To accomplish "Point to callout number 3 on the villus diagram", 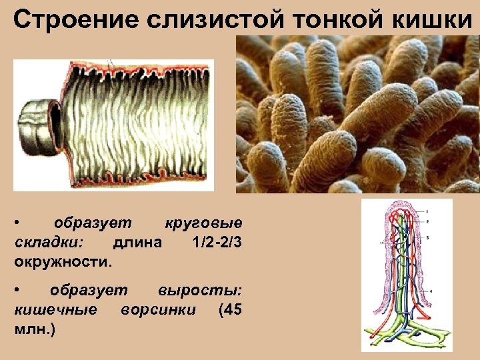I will pyautogui.click(x=427, y=237).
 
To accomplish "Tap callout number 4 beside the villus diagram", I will pyautogui.click(x=431, y=291).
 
